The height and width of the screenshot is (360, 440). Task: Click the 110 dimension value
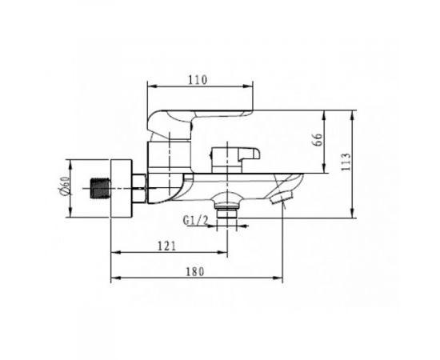198,80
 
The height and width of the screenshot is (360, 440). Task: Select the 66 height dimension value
318,139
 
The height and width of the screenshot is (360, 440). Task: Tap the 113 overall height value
346,162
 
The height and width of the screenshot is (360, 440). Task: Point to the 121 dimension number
166,246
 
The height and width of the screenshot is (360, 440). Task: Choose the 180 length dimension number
195,272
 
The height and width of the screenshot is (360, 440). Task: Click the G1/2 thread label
195,220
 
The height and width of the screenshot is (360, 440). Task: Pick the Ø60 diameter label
65,185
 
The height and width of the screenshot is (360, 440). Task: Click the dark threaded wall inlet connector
101,189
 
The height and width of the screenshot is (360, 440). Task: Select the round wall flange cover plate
122,188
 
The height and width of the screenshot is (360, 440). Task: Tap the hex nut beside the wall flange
138,188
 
